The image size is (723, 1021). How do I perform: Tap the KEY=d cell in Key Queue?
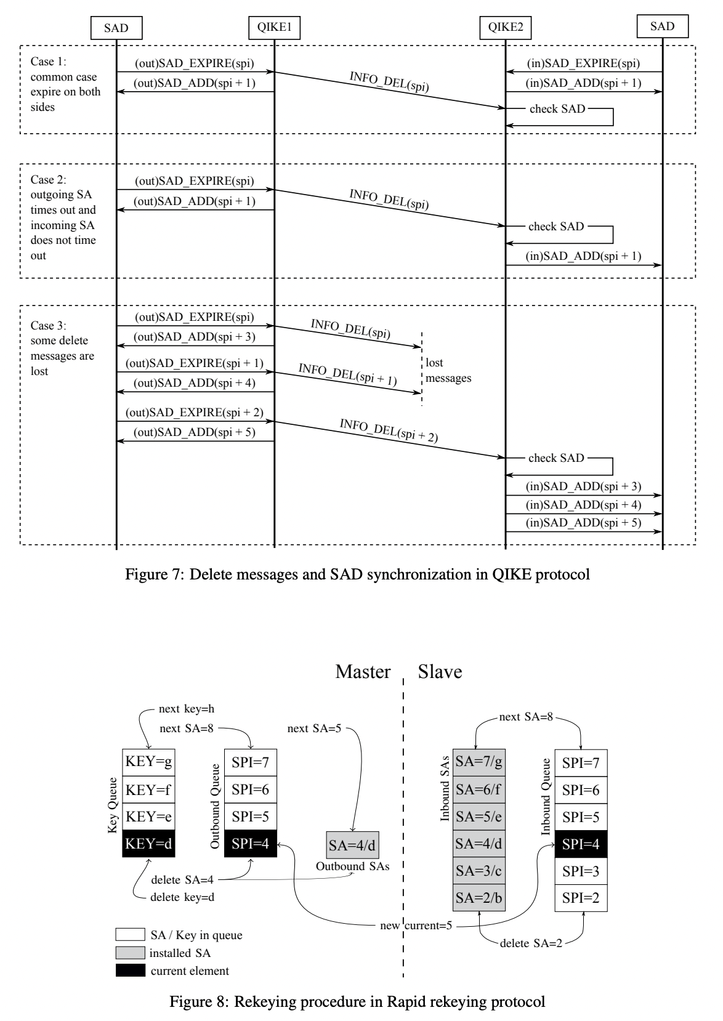pyautogui.click(x=148, y=844)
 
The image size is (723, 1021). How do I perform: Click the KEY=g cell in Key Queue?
pyautogui.click(x=148, y=762)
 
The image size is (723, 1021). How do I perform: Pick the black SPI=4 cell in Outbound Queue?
pyautogui.click(x=251, y=844)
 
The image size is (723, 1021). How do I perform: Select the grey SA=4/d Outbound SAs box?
pyautogui.click(x=352, y=845)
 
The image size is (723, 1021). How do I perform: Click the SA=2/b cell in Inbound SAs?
pyautogui.click(x=479, y=898)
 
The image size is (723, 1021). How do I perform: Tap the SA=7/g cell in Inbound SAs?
pyautogui.click(x=479, y=762)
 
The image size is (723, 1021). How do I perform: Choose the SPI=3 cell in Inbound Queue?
pyautogui.click(x=581, y=871)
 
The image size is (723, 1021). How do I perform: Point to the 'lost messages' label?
pyautogui.click(x=448, y=371)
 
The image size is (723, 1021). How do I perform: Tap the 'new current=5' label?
pyautogui.click(x=416, y=926)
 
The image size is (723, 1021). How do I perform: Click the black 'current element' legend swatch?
pyautogui.click(x=130, y=971)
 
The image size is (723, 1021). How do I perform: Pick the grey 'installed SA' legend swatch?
pyautogui.click(x=130, y=953)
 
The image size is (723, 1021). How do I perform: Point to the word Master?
pyautogui.click(x=363, y=672)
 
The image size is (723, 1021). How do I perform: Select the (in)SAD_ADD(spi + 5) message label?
pyautogui.click(x=583, y=523)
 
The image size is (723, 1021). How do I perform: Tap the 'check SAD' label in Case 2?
pyautogui.click(x=555, y=227)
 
